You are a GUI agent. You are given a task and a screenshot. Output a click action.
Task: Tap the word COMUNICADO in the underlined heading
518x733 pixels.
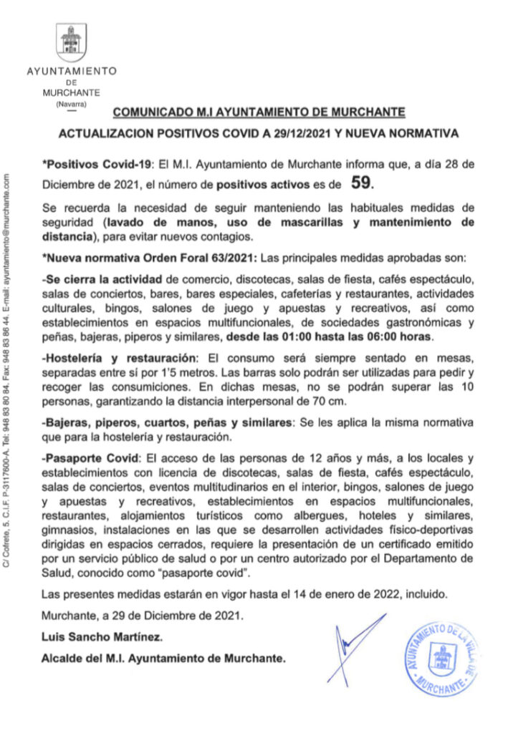coord(144,112)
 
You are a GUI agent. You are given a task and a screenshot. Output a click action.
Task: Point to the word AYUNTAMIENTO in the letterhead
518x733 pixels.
coord(71,72)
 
